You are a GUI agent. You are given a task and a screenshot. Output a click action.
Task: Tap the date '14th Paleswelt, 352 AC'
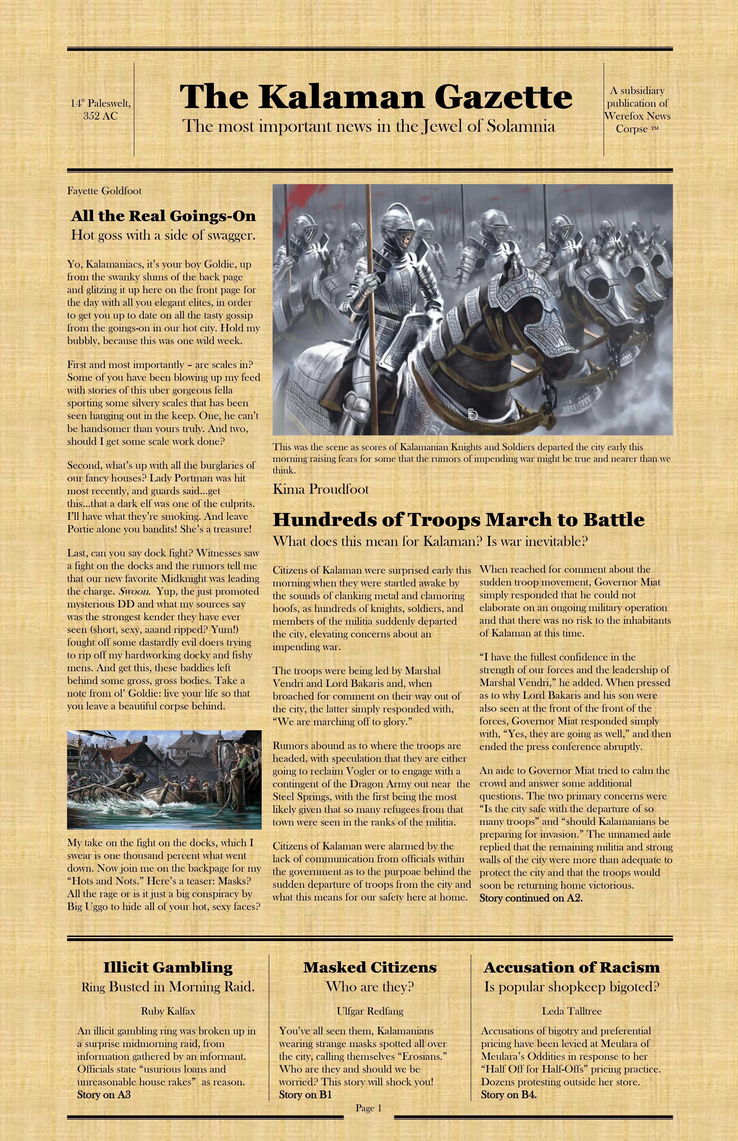pos(101,109)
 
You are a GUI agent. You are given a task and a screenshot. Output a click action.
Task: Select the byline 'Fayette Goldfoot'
pos(104,191)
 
